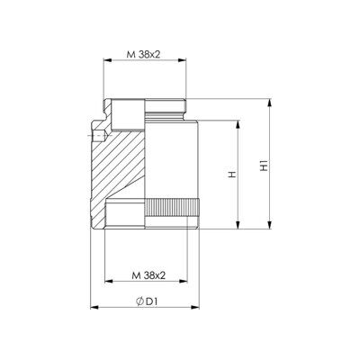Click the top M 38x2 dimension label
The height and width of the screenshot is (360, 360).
144,54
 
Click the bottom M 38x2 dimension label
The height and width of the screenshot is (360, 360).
148,275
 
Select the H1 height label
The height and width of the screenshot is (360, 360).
264,166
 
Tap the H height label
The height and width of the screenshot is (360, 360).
231,175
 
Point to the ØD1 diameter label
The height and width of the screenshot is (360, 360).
147,301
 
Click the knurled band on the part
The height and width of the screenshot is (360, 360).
173,207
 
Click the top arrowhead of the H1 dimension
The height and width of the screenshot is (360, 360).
270,103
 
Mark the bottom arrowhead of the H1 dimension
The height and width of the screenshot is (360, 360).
270,225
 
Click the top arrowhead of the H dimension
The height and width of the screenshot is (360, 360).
238,125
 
